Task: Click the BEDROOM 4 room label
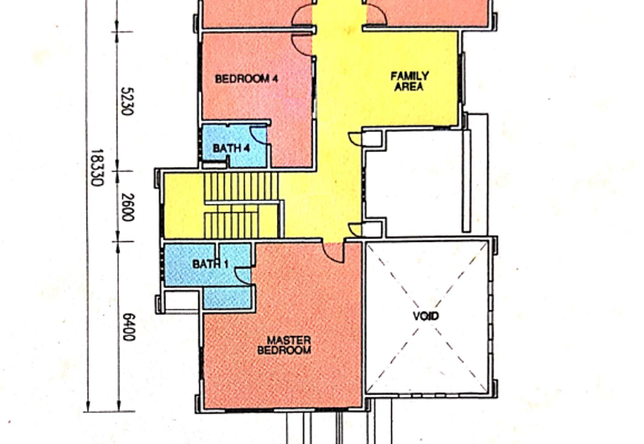(x=246, y=78)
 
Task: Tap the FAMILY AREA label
(x=410, y=81)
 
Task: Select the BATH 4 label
(x=231, y=148)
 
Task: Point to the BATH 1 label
(x=210, y=264)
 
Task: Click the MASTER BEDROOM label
(x=284, y=345)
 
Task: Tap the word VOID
(x=426, y=316)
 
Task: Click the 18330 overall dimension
(x=96, y=167)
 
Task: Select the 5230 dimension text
(x=127, y=101)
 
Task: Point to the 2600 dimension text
(x=128, y=208)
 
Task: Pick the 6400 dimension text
(x=129, y=327)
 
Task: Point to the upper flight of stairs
(x=241, y=187)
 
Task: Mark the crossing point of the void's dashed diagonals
(x=427, y=317)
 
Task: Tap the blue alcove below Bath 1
(x=227, y=298)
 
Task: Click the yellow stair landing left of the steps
(x=184, y=205)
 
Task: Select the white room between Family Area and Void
(x=415, y=183)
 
